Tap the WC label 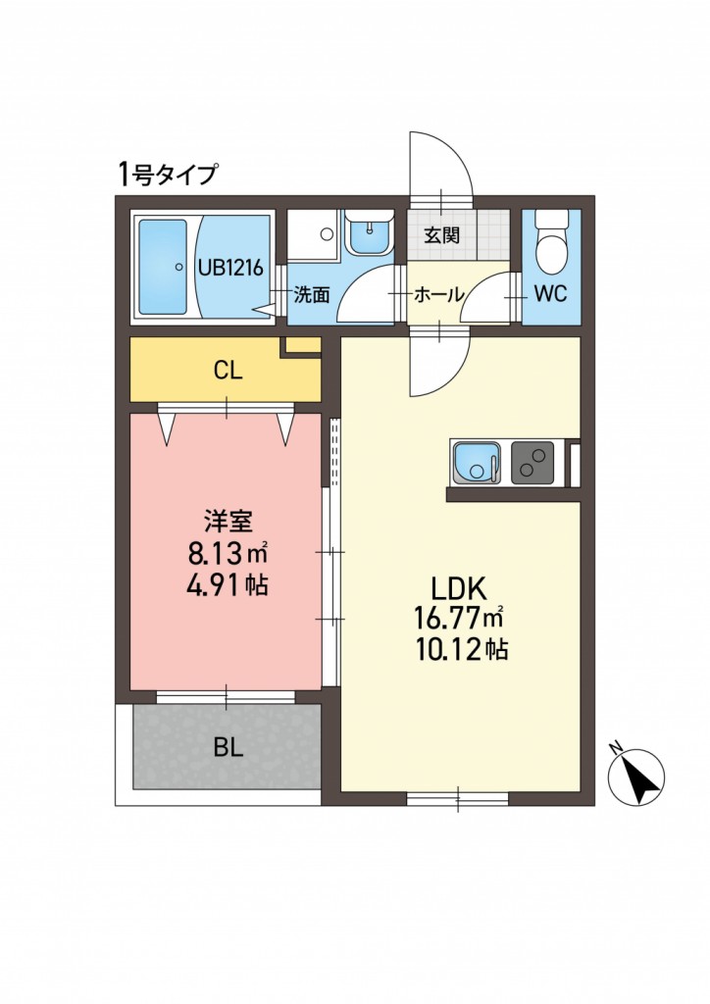550,294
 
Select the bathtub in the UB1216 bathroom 165,268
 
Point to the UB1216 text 229,268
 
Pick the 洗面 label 312,295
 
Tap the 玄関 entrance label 441,235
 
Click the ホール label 438,295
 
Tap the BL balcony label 228,748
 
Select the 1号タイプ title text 167,174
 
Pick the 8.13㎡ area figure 228,551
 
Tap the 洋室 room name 228,521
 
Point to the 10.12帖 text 462,650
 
